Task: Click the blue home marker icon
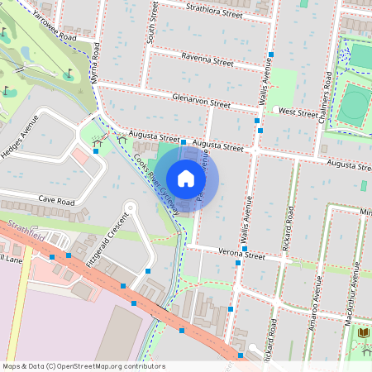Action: [186, 179]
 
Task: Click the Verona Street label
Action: [241, 255]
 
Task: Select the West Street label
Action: [298, 112]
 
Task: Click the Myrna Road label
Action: [96, 73]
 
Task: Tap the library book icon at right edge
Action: [364, 331]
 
